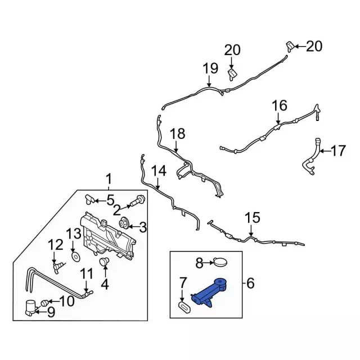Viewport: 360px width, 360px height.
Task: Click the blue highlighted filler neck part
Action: coord(211,293)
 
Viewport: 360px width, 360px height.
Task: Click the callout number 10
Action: coord(66,301)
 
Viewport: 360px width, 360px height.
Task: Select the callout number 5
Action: coord(110,199)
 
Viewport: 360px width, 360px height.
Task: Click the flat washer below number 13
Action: coord(74,258)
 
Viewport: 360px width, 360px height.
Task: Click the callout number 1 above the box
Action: coord(109,179)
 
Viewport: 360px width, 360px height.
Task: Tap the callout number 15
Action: coord(253,217)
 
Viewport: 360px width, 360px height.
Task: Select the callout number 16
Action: coord(280,105)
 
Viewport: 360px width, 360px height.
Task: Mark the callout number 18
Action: coord(177,133)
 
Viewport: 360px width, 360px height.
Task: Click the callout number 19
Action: coord(210,69)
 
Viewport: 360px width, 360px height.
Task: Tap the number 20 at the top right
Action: coord(314,46)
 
